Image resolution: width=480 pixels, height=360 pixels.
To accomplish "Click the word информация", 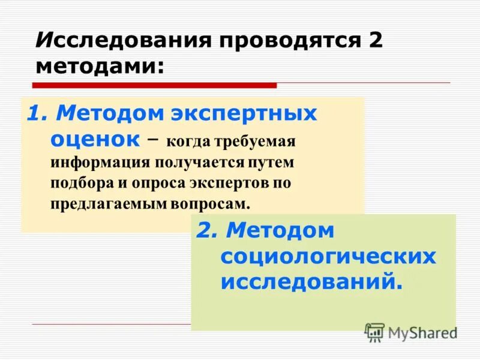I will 101,163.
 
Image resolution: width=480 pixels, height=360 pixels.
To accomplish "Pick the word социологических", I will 328,257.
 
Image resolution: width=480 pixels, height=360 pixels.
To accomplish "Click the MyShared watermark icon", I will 374,332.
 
